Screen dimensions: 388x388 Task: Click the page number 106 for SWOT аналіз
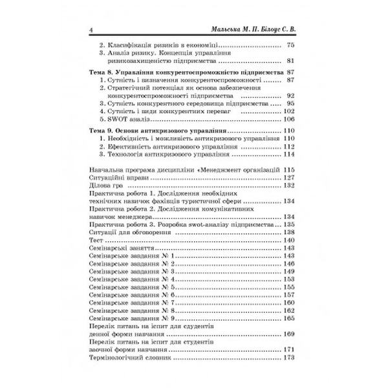click(289, 120)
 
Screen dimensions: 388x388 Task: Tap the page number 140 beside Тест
click(289, 239)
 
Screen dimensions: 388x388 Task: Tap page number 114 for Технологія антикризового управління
click(289, 155)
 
